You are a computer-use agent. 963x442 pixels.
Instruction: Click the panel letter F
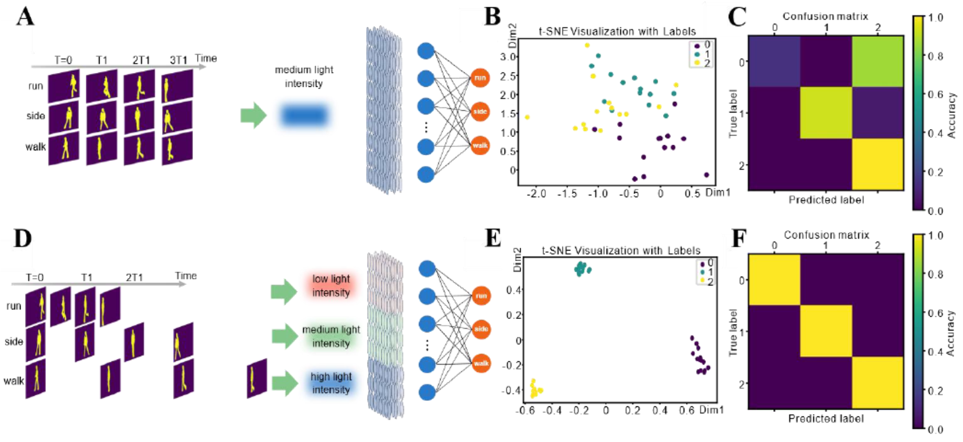pyautogui.click(x=738, y=238)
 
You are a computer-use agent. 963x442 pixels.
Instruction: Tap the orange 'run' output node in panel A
pyautogui.click(x=480, y=78)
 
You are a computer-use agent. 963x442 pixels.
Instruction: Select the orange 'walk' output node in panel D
pyautogui.click(x=481, y=363)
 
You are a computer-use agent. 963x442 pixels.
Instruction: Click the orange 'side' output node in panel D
pyautogui.click(x=481, y=329)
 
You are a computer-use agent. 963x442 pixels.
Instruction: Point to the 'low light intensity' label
pyautogui.click(x=331, y=286)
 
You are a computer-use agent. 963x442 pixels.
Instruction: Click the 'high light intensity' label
pyautogui.click(x=331, y=383)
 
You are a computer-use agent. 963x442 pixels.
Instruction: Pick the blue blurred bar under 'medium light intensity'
pyautogui.click(x=304, y=115)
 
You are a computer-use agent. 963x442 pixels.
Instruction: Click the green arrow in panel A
pyautogui.click(x=254, y=115)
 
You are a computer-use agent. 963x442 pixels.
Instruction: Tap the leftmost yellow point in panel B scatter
pyautogui.click(x=527, y=117)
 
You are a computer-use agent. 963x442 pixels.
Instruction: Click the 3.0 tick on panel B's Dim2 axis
pyautogui.click(x=508, y=57)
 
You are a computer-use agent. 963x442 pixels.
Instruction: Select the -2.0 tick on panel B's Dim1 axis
pyautogui.click(x=536, y=194)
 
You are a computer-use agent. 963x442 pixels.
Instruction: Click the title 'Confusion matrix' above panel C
pyautogui.click(x=825, y=16)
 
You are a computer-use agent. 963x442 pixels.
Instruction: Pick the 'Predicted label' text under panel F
pyautogui.click(x=826, y=419)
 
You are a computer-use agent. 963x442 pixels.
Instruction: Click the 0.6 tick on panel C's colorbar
pyautogui.click(x=935, y=94)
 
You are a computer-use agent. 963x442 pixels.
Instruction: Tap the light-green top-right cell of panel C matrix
pyautogui.click(x=878, y=61)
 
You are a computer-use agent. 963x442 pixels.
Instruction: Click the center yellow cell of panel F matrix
pyautogui.click(x=826, y=331)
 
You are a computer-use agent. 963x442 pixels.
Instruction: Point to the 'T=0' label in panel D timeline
pyautogui.click(x=34, y=277)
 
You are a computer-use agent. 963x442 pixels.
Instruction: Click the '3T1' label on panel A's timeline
pyautogui.click(x=179, y=60)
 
